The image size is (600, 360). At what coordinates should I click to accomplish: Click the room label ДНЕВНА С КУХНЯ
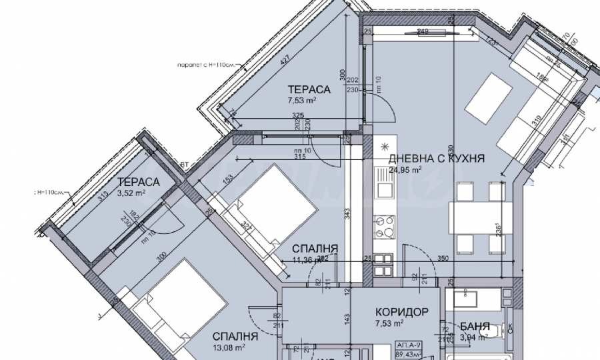[436, 158]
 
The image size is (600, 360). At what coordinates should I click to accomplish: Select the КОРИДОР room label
[397, 312]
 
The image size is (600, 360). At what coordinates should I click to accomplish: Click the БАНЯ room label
[475, 327]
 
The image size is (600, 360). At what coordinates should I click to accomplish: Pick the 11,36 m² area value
[310, 260]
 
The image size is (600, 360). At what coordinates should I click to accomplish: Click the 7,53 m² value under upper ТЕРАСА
[301, 101]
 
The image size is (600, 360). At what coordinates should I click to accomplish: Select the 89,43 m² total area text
[407, 355]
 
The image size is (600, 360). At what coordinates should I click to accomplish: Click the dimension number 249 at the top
[422, 31]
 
